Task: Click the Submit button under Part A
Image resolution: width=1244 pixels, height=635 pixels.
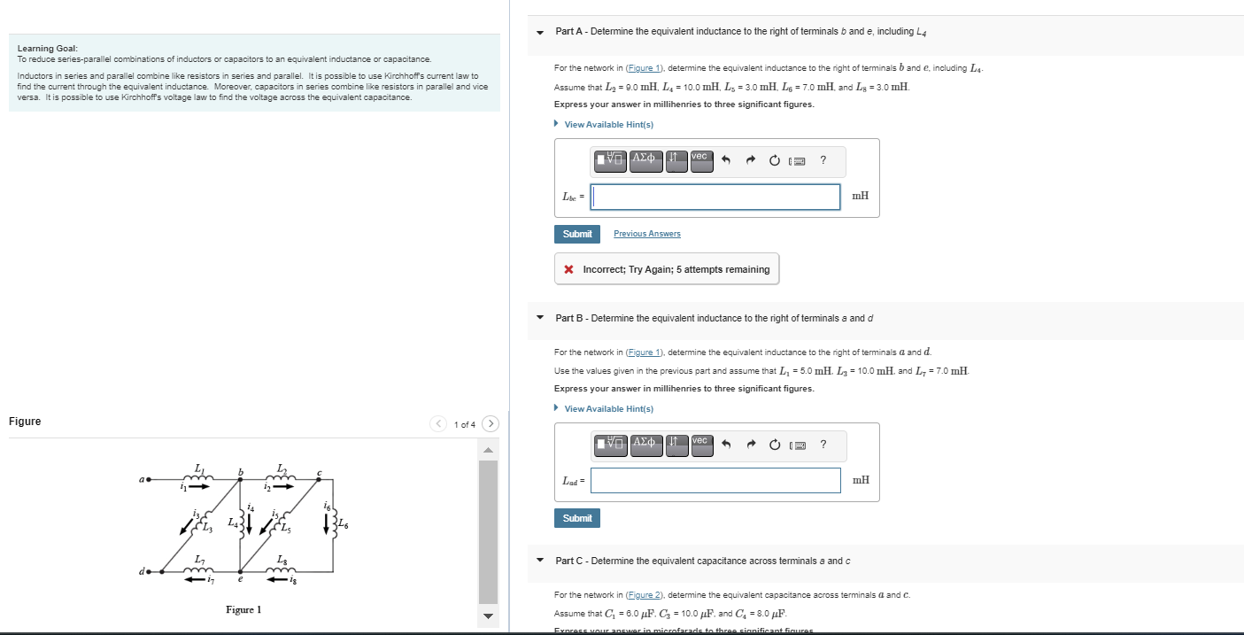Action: (576, 234)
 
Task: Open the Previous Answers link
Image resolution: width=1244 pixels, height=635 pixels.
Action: (646, 234)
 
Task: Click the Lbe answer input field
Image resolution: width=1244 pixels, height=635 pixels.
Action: (715, 197)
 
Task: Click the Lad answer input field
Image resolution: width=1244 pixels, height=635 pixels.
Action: (715, 480)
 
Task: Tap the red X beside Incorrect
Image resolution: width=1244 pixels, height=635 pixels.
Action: (568, 269)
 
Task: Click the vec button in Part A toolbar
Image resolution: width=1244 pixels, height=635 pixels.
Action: (700, 160)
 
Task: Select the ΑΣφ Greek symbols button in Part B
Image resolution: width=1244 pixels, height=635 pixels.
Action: (646, 444)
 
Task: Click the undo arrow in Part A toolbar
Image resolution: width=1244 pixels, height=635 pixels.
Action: (726, 160)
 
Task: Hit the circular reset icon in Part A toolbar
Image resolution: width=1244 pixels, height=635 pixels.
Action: (774, 160)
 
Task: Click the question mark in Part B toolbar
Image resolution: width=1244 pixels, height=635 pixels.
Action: (823, 444)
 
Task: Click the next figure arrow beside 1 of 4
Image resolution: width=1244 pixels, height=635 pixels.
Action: (491, 424)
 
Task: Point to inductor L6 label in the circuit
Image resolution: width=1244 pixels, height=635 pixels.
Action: (344, 525)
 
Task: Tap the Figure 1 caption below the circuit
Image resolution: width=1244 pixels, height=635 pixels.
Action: (243, 609)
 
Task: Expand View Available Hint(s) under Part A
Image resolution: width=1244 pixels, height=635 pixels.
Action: (608, 125)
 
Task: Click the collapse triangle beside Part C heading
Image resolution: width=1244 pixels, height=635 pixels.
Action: (540, 561)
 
